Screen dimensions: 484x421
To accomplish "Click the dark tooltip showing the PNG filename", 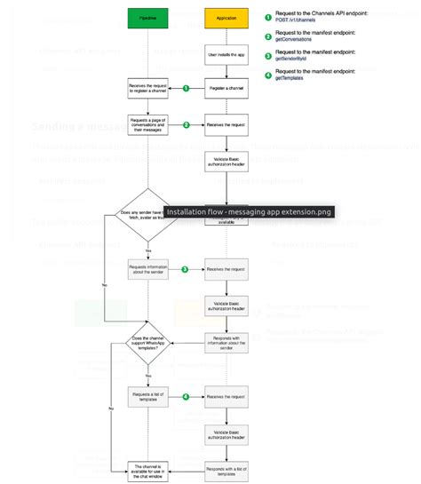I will tap(249, 212).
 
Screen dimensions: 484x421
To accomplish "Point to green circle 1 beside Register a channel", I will tap(186, 89).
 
